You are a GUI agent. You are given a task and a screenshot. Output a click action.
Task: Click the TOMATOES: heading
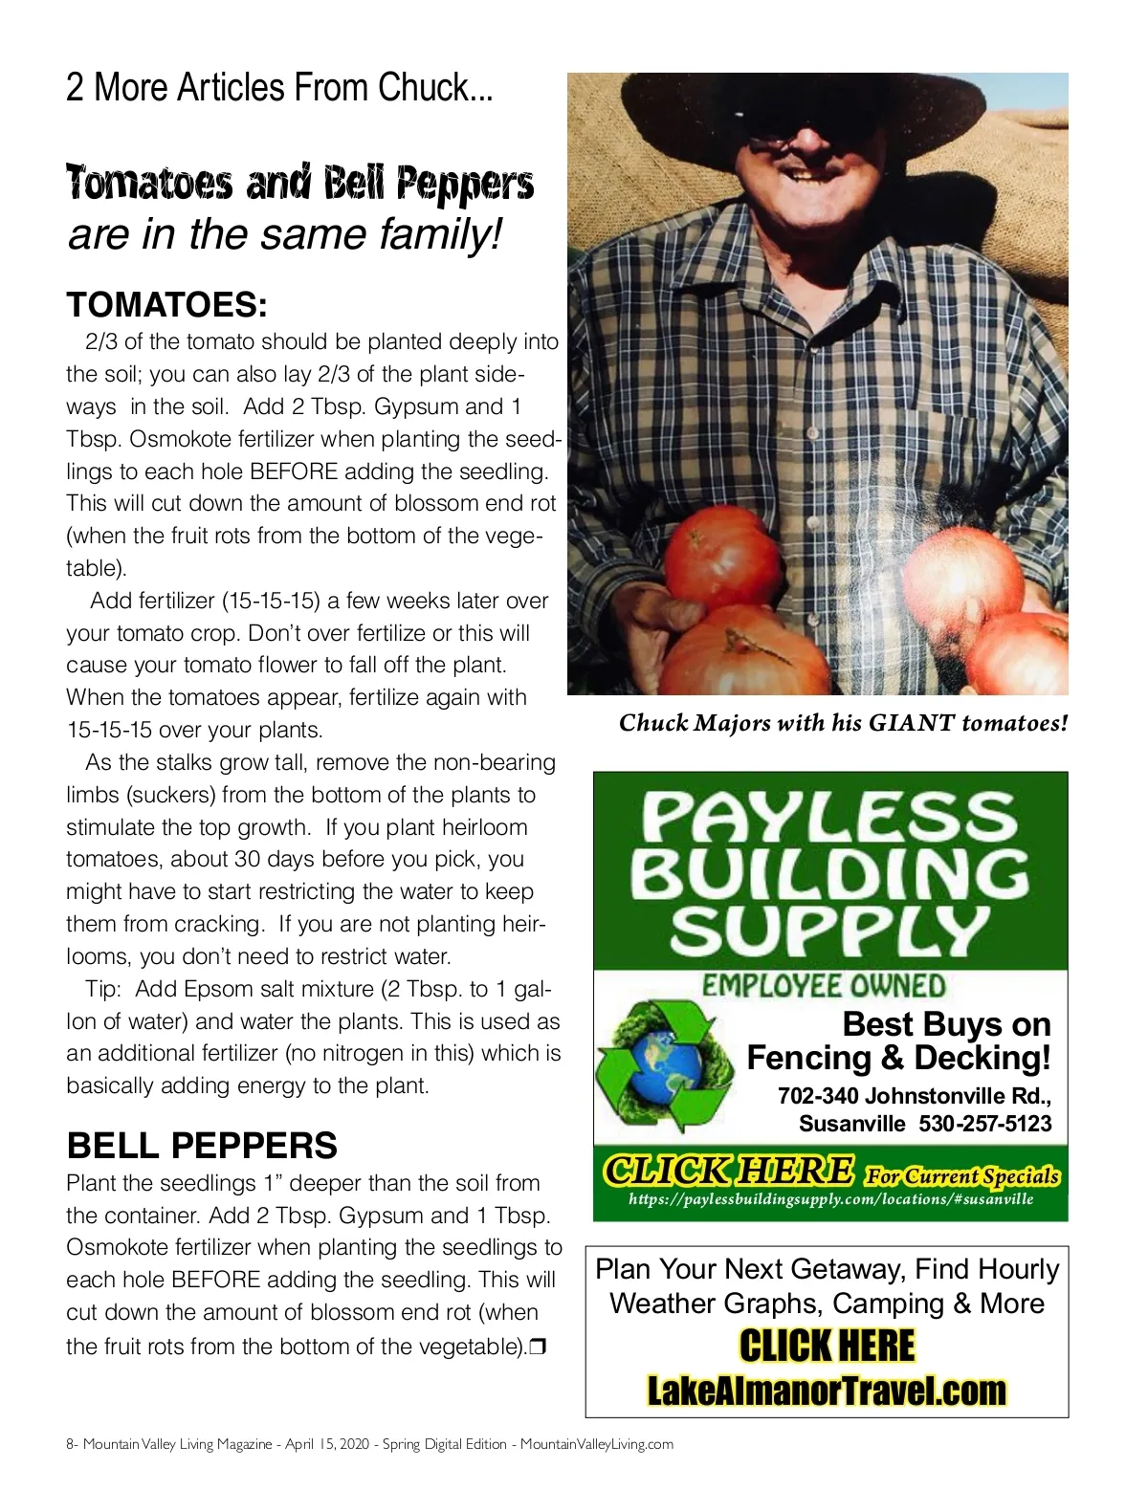tap(166, 305)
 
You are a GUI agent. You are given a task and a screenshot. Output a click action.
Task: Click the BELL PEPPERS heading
tap(202, 1146)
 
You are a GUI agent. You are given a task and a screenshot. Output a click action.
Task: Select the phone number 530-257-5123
tap(984, 1124)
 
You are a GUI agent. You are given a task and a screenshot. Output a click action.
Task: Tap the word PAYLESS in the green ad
tap(828, 819)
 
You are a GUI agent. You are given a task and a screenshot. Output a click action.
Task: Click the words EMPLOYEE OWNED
tap(824, 986)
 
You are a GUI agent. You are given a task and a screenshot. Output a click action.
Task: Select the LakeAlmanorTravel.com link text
tap(827, 1390)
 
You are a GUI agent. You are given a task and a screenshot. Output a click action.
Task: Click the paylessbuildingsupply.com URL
tap(830, 1199)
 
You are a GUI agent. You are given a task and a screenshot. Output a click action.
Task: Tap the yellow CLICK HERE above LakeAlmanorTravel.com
tap(827, 1346)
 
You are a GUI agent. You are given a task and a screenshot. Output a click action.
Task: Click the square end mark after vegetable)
tap(538, 1347)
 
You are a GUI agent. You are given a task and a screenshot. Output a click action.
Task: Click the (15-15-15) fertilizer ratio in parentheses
tap(272, 602)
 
